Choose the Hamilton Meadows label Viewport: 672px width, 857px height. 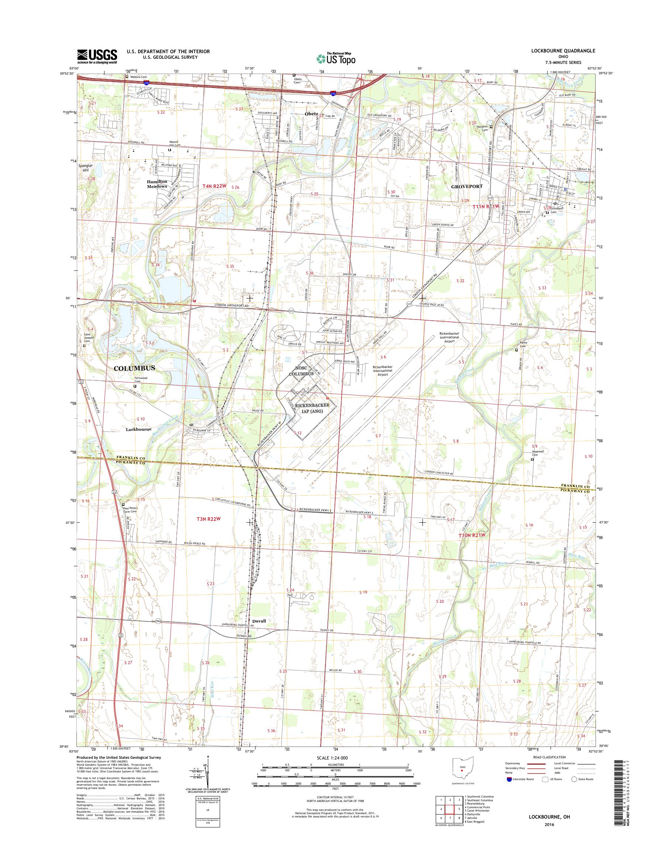coord(157,184)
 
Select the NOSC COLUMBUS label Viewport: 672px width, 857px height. coord(302,371)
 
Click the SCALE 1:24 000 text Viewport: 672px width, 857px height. coord(332,758)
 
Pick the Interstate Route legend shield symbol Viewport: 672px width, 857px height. coord(510,779)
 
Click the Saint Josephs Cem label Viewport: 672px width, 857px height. coord(88,338)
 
